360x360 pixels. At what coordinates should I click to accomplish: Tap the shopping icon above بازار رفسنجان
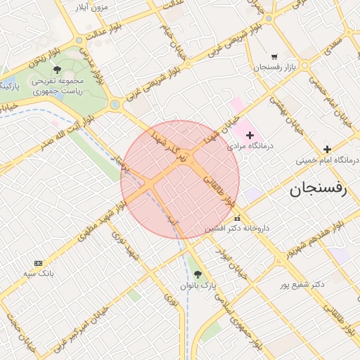tap(274, 57)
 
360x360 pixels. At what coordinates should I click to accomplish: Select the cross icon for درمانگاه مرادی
tap(250, 135)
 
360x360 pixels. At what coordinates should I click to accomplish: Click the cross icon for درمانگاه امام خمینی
tap(327, 149)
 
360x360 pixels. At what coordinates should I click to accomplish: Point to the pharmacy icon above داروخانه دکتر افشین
tap(237, 217)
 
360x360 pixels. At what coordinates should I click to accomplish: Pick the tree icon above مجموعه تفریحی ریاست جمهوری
tap(57, 70)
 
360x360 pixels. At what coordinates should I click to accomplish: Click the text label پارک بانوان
tap(196, 285)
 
